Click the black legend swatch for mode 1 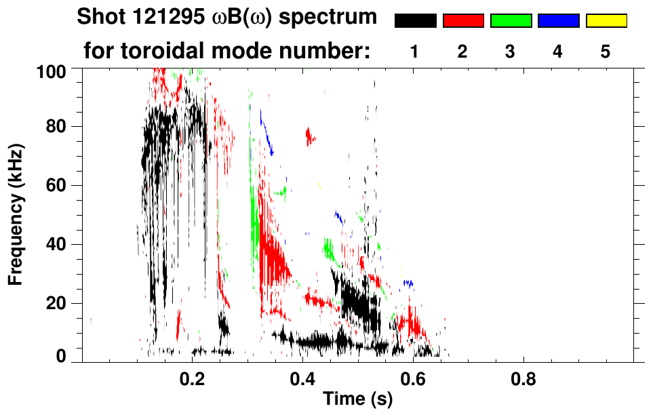415,21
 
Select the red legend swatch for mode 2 463,21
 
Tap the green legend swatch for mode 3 511,21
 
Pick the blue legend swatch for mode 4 558,21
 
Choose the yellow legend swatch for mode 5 606,21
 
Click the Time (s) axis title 357,400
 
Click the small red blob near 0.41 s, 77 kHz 310,136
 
